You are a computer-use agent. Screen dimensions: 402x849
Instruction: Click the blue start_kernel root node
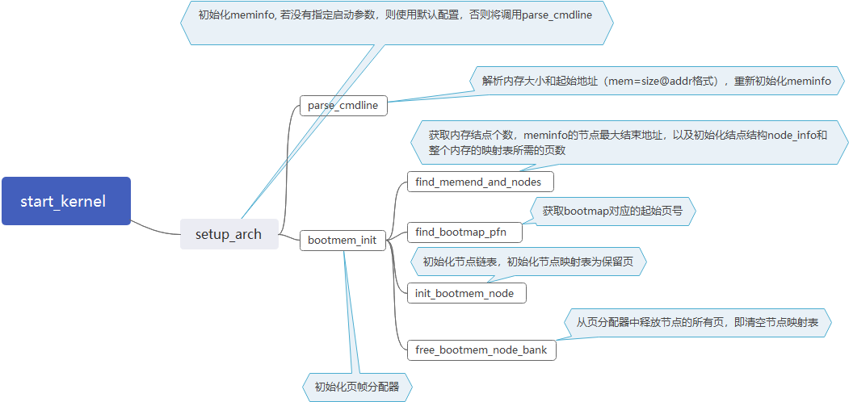(65, 201)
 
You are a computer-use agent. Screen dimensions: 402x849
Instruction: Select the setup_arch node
(229, 234)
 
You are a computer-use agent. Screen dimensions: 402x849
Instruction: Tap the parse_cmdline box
(343, 105)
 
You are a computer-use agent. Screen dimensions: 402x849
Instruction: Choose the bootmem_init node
(343, 241)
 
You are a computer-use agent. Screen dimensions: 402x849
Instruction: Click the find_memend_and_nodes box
(478, 182)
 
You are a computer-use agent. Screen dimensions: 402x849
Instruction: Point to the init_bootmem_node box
(464, 293)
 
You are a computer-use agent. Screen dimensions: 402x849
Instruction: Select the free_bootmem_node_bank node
(481, 350)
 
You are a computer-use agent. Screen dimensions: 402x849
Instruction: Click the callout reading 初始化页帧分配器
(356, 387)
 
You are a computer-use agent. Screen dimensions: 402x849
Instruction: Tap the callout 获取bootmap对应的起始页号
(612, 211)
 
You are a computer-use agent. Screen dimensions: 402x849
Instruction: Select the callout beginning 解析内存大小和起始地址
(656, 81)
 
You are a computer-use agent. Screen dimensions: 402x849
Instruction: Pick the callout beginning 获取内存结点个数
(627, 142)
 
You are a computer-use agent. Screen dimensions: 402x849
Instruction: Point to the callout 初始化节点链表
(528, 262)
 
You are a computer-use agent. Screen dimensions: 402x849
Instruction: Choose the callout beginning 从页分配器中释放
(697, 322)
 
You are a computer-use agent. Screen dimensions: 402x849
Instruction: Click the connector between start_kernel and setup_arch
(155, 226)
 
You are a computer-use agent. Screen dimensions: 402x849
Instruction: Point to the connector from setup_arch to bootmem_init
(289, 237)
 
